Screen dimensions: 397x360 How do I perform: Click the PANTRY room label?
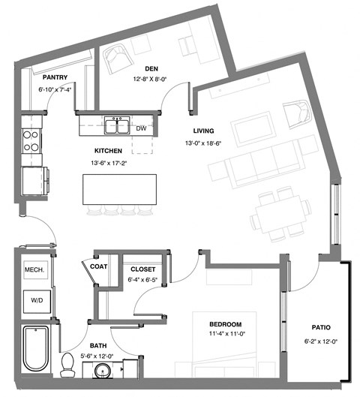pos(56,77)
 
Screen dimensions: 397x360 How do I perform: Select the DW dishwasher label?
pos(141,128)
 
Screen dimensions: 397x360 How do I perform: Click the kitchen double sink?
pos(116,125)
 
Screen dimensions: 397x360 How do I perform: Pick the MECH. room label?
pos(34,269)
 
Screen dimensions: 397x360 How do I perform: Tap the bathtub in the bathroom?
pos(35,349)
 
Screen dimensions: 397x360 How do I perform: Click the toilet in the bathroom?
pos(67,365)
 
